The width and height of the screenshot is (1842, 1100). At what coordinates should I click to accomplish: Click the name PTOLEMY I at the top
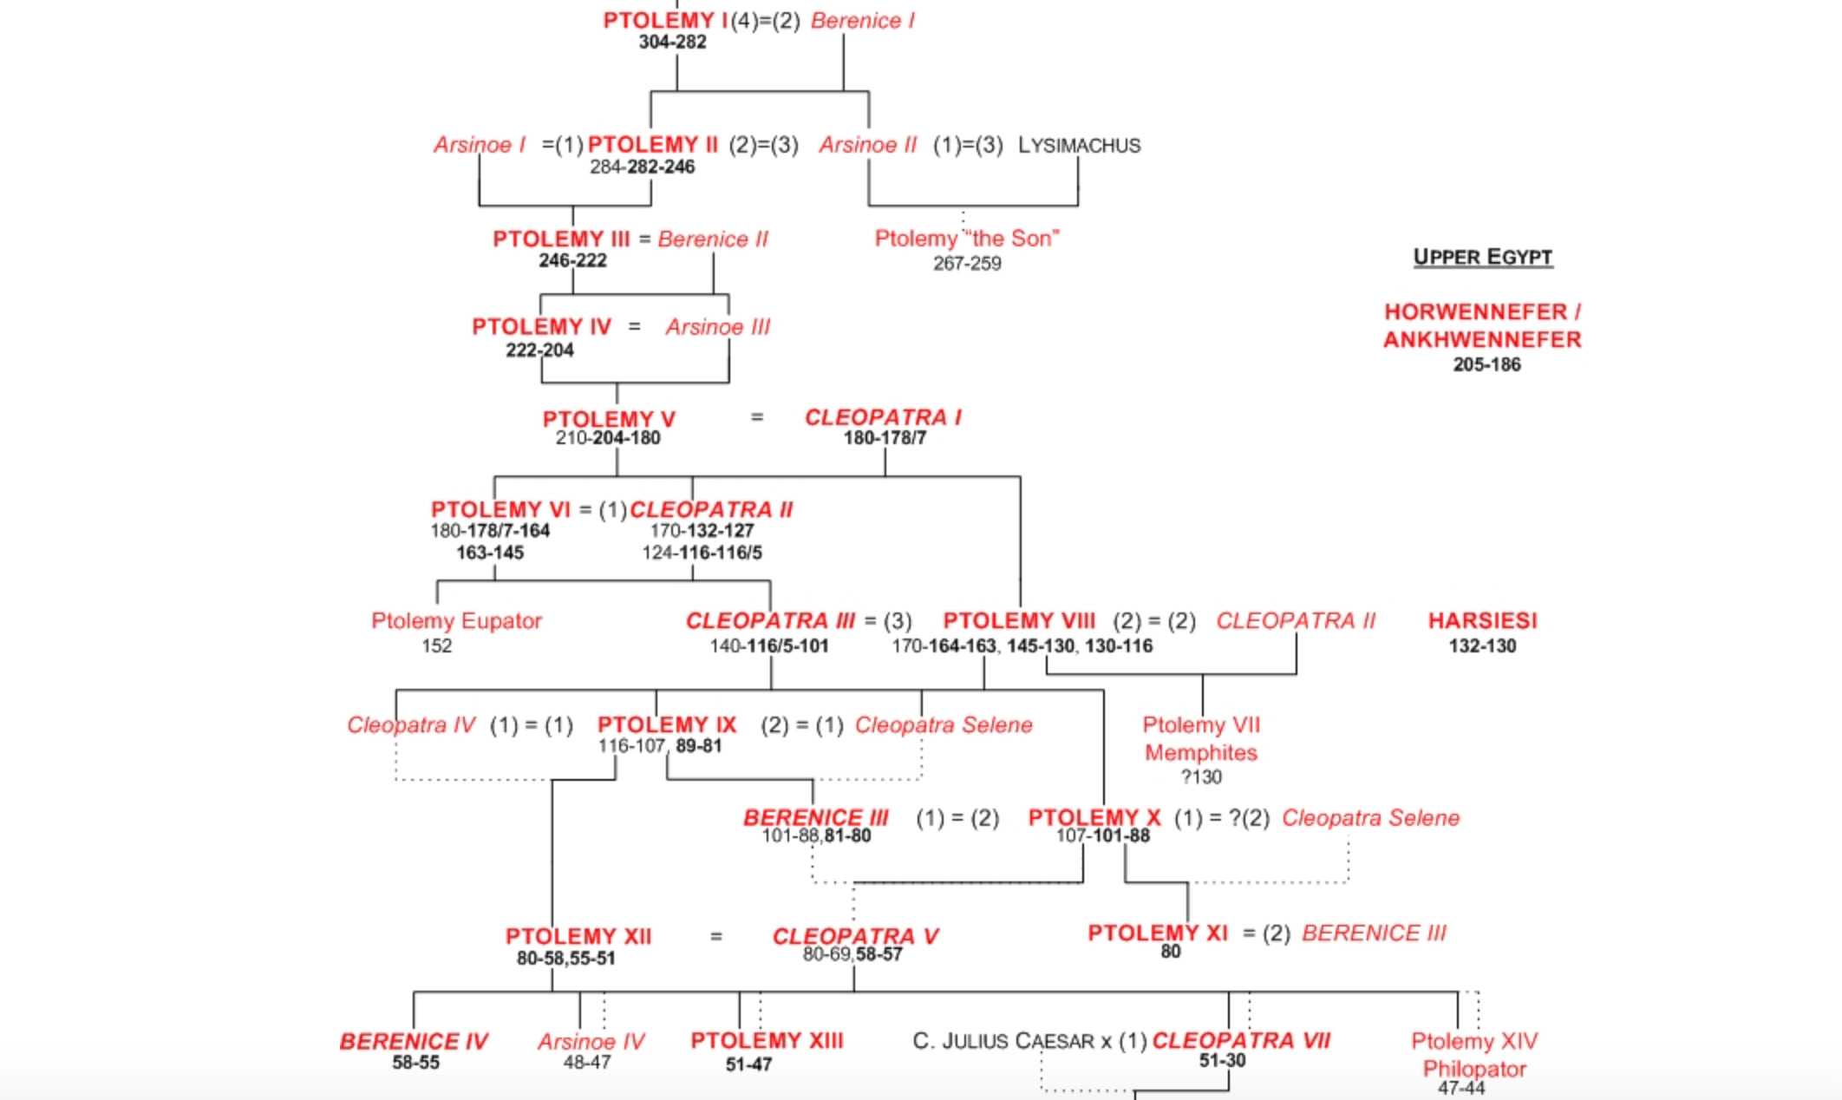pyautogui.click(x=665, y=21)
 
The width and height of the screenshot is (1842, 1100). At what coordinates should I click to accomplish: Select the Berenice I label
pyautogui.click(x=862, y=21)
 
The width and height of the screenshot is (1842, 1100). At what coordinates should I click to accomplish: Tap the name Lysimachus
pyautogui.click(x=1079, y=146)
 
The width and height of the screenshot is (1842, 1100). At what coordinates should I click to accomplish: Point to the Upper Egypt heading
pyautogui.click(x=1482, y=257)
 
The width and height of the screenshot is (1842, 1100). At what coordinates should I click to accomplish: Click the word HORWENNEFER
pyautogui.click(x=1475, y=311)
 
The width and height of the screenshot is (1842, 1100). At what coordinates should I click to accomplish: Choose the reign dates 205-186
pyautogui.click(x=1486, y=365)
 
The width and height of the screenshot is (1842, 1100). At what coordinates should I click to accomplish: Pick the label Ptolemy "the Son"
pyautogui.click(x=966, y=239)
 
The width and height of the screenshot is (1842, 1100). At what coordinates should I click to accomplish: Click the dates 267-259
pyautogui.click(x=967, y=264)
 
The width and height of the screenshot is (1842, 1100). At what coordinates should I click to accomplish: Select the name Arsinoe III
pyautogui.click(x=717, y=327)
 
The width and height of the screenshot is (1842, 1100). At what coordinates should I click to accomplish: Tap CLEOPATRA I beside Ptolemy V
pyautogui.click(x=883, y=417)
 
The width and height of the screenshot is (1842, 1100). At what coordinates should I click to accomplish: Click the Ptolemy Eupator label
pyautogui.click(x=456, y=621)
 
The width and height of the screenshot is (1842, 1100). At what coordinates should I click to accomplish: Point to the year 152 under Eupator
pyautogui.click(x=437, y=646)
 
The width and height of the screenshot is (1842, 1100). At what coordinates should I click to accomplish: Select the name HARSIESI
pyautogui.click(x=1482, y=621)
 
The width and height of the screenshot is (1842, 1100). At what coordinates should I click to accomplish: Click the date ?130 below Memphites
pyautogui.click(x=1201, y=777)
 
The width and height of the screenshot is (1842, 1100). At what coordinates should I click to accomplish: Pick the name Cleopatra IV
pyautogui.click(x=411, y=725)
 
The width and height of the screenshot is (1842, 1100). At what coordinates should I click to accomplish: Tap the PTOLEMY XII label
pyautogui.click(x=578, y=937)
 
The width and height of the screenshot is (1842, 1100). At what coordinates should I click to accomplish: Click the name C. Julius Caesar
pyautogui.click(x=1003, y=1041)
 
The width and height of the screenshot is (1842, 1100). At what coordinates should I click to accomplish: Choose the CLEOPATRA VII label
pyautogui.click(x=1241, y=1041)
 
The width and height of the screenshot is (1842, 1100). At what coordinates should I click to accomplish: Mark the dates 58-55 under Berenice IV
pyautogui.click(x=415, y=1064)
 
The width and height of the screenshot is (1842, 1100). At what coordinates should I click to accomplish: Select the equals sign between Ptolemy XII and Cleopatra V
pyautogui.click(x=716, y=937)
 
